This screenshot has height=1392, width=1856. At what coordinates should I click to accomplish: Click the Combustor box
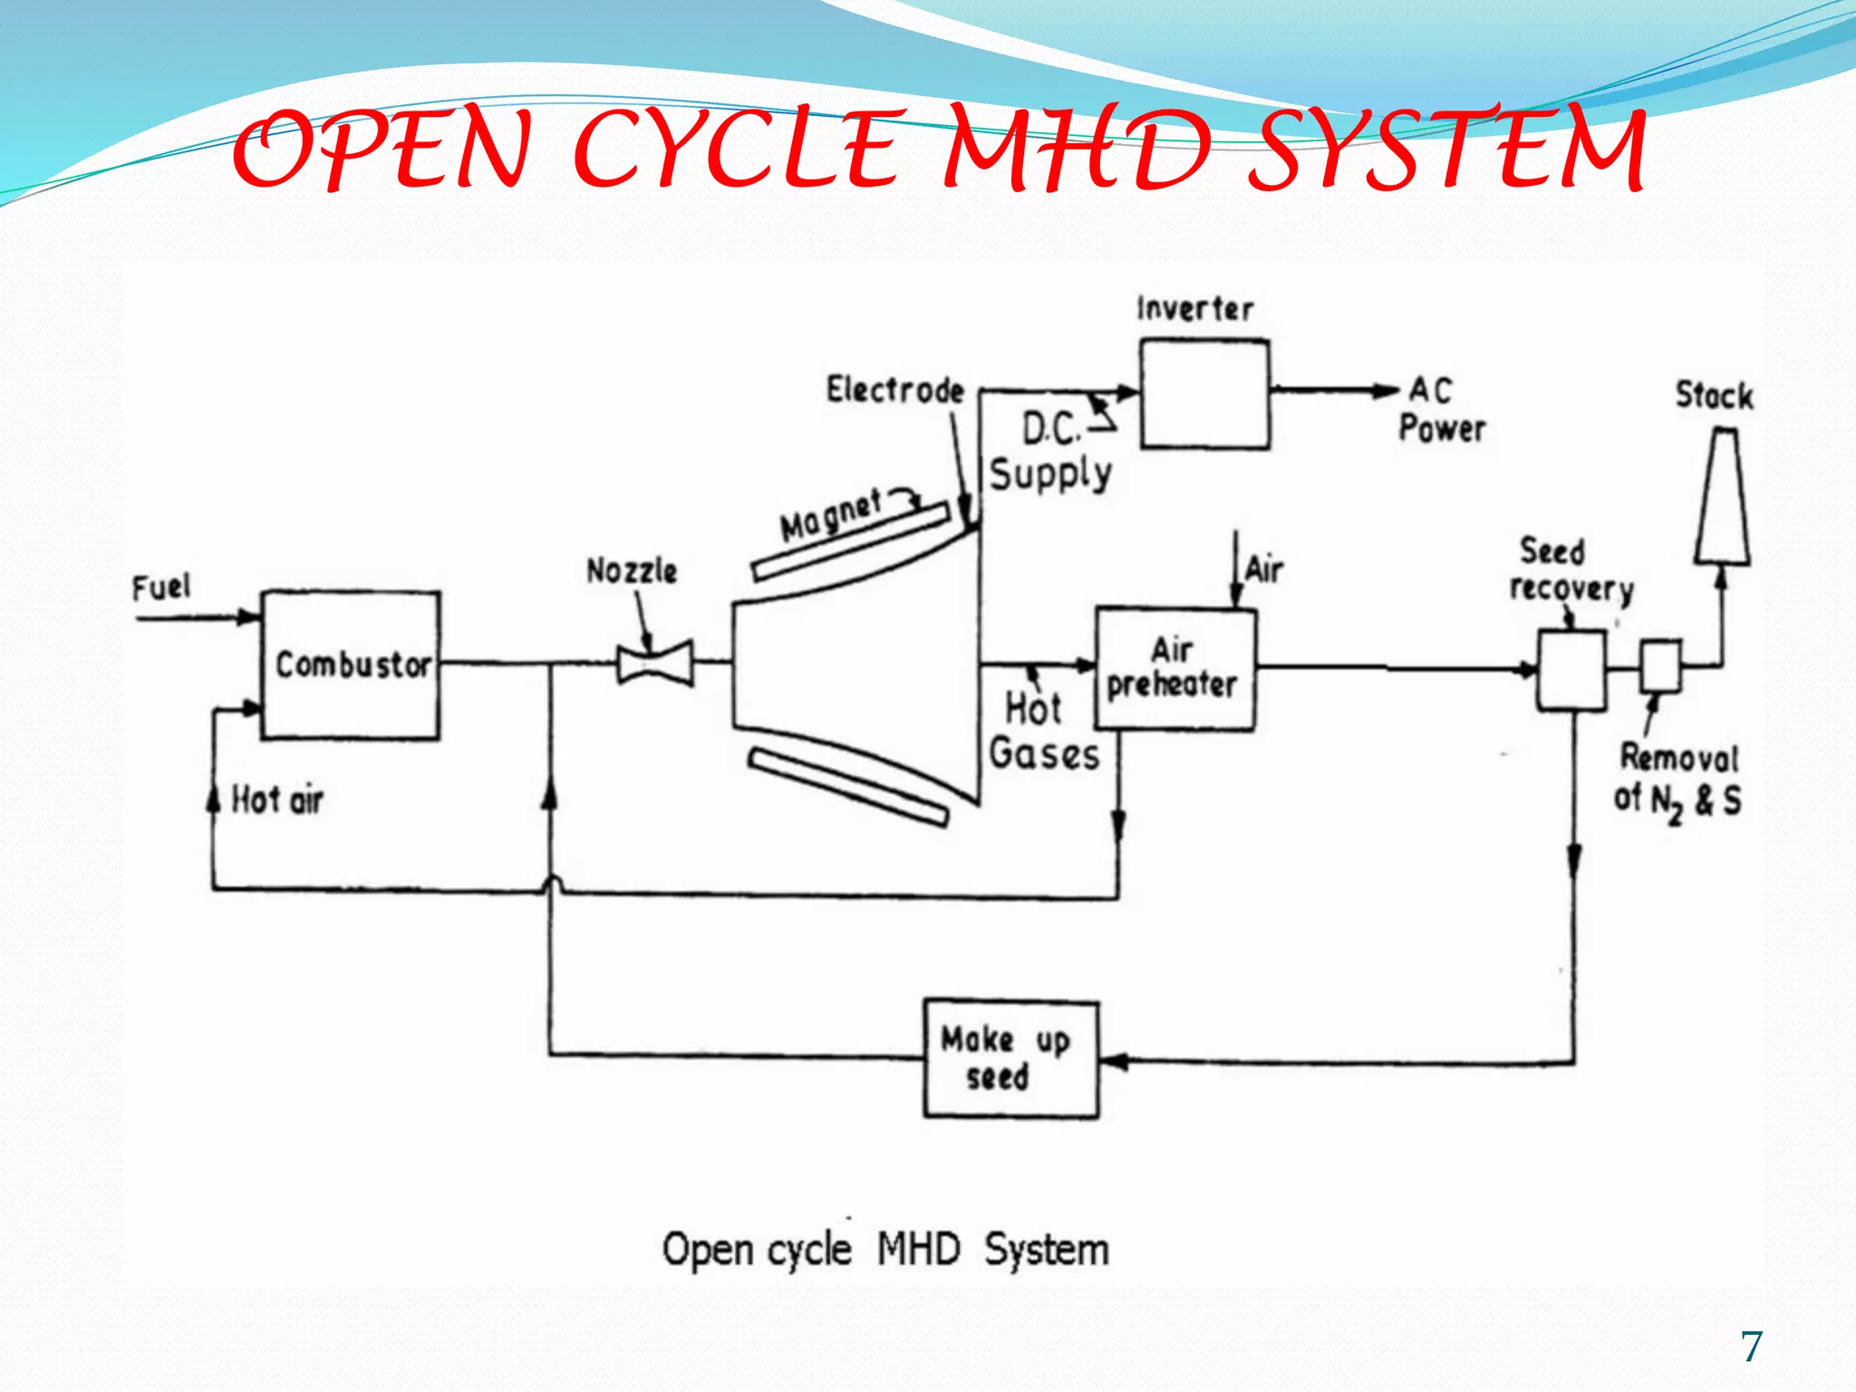click(x=351, y=665)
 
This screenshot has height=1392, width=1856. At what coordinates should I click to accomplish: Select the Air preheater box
click(x=1175, y=669)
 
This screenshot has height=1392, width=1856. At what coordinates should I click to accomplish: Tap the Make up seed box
click(x=1010, y=1058)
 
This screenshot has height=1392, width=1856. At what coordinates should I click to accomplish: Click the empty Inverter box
click(x=1203, y=394)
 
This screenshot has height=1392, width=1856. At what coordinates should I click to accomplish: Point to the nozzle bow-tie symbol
click(x=654, y=663)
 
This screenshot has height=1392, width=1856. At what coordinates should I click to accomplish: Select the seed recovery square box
click(x=1571, y=670)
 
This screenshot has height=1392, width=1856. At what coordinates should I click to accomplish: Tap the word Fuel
click(x=161, y=587)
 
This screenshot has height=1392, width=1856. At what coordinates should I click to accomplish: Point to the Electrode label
click(x=894, y=391)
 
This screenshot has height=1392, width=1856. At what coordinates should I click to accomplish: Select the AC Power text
click(x=1441, y=411)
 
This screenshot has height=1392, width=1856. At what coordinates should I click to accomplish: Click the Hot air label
click(x=277, y=800)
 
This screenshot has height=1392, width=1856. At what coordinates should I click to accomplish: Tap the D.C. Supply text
click(x=1051, y=451)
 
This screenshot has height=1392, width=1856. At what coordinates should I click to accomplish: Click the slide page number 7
click(x=1751, y=1347)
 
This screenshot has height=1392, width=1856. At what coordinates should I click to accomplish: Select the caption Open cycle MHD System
click(x=884, y=1250)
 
